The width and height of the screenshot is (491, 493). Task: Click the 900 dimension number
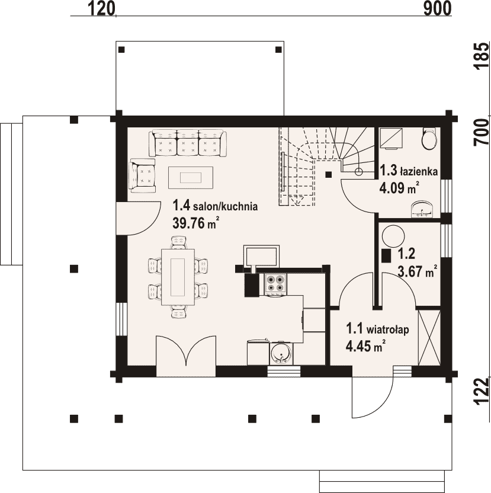click(x=437, y=8)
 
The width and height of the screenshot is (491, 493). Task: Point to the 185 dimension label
click(x=482, y=56)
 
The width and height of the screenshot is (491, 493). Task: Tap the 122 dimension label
click(x=482, y=391)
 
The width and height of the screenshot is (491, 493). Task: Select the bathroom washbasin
click(x=422, y=209)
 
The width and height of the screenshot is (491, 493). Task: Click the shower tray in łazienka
click(x=391, y=138)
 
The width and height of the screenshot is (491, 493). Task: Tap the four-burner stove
click(x=275, y=284)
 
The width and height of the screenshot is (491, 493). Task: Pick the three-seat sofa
click(x=188, y=143)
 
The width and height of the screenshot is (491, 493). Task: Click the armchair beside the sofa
click(x=142, y=175)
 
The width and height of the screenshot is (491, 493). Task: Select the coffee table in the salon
click(x=191, y=177)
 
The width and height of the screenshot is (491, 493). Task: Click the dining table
click(x=178, y=277)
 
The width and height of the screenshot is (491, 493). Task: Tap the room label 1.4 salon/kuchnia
click(x=215, y=206)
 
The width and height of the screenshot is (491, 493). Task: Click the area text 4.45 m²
click(x=365, y=346)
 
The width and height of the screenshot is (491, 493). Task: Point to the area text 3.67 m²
click(x=418, y=271)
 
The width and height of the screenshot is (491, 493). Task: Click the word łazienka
click(x=419, y=171)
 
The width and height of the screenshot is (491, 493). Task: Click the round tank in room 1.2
click(x=393, y=236)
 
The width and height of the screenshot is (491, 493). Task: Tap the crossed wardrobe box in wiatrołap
click(x=429, y=337)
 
